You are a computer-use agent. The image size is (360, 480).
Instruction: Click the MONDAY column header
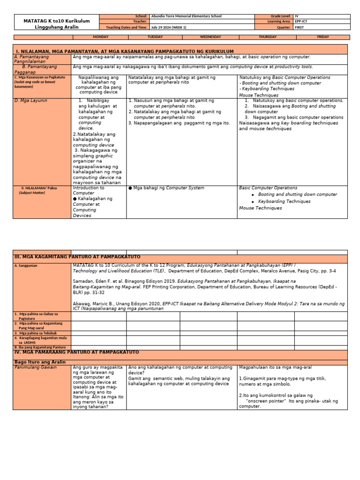pos(101,37)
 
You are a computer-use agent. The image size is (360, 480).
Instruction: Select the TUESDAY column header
pos(155,37)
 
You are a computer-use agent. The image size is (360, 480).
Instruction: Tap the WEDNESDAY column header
pos(210,37)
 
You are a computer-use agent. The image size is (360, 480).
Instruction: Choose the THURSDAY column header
pos(268,37)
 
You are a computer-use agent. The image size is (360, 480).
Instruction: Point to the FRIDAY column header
pos(322,37)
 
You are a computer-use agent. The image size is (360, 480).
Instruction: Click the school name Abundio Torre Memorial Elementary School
pos(187,16)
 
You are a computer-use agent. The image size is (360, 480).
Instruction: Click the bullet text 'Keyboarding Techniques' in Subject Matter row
pos(284,202)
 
